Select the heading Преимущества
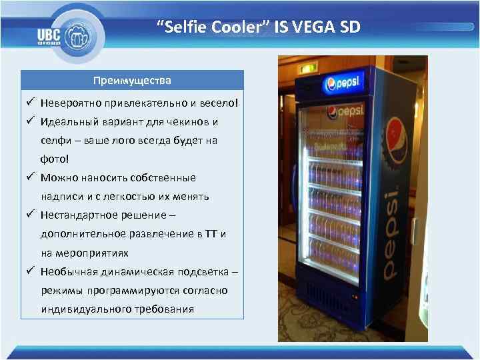tap(132, 81)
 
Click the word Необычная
tap(70, 272)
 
